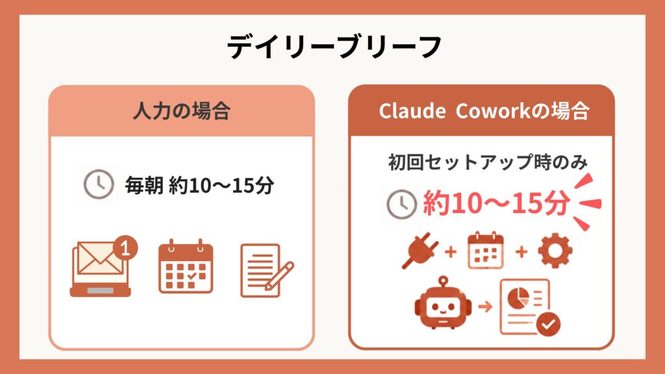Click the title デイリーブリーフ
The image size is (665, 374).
click(334, 47)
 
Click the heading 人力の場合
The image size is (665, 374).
click(182, 111)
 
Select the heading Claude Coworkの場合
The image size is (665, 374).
click(484, 111)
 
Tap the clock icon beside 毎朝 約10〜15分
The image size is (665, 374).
click(99, 184)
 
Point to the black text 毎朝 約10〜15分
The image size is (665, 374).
click(199, 185)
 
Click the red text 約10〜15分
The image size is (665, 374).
click(496, 203)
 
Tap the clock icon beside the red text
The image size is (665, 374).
click(401, 204)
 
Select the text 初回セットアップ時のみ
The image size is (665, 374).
click(488, 162)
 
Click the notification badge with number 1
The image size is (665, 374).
click(125, 247)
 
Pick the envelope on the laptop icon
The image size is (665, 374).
click(99, 258)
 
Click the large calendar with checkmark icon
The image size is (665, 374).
click(186, 266)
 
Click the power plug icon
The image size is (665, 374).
click(420, 250)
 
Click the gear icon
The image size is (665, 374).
click(555, 251)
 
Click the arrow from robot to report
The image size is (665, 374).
click(486, 306)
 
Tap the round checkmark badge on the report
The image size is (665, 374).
click(548, 325)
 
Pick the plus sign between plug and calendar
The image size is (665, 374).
click(451, 252)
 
